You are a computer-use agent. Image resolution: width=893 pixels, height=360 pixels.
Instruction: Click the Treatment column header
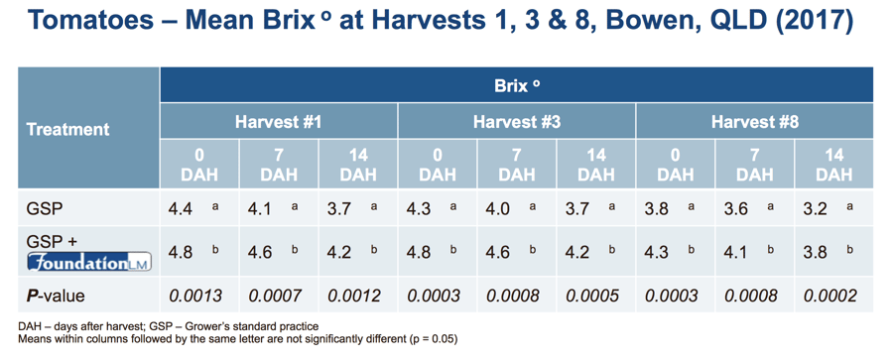(x=67, y=129)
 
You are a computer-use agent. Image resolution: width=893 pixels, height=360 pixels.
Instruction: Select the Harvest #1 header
(x=279, y=122)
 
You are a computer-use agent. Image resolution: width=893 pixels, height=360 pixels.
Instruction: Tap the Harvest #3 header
(x=516, y=122)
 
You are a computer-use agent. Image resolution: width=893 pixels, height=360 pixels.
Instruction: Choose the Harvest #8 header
(x=754, y=122)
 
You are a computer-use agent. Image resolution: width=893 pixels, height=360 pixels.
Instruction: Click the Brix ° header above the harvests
(x=517, y=85)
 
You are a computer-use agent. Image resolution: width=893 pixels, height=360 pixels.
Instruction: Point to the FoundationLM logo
(x=90, y=262)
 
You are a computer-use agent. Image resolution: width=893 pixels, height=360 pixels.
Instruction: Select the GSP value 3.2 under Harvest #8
(x=816, y=209)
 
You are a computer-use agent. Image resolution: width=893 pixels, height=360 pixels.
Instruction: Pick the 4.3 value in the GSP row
(x=419, y=209)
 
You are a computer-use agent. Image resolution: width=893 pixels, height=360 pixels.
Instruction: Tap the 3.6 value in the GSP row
(x=736, y=209)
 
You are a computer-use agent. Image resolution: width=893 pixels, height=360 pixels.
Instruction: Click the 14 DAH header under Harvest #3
(x=596, y=165)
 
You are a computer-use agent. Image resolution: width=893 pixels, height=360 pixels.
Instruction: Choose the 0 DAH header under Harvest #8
(x=676, y=165)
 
